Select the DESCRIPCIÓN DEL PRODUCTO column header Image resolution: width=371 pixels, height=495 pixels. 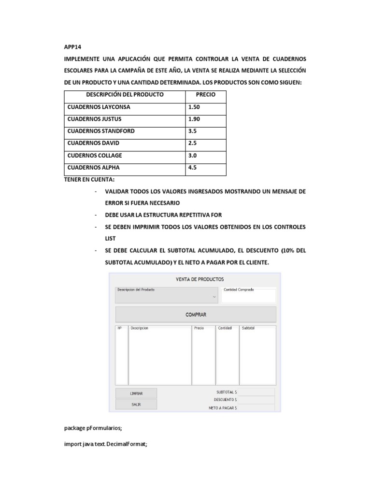pyautogui.click(x=125, y=95)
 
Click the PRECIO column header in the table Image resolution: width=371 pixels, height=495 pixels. pyautogui.click(x=205, y=95)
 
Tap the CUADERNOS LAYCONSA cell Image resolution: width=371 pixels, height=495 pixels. pyautogui.click(x=99, y=107)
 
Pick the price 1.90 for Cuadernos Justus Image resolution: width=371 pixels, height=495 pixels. pyautogui.click(x=194, y=119)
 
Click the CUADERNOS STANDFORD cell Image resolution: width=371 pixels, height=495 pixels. pyautogui.click(x=101, y=131)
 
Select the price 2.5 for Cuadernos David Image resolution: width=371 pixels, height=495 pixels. pyautogui.click(x=192, y=144)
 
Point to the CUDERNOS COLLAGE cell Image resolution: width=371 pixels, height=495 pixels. pyautogui.click(x=95, y=156)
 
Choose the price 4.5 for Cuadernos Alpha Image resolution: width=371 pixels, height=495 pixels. pyautogui.click(x=192, y=168)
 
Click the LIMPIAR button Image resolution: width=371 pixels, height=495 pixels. pyautogui.click(x=136, y=393)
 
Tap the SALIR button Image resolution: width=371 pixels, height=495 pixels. pyautogui.click(x=136, y=404)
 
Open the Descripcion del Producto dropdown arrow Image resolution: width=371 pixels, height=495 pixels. pyautogui.click(x=214, y=297)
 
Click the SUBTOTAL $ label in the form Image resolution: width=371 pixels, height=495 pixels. pyautogui.click(x=226, y=392)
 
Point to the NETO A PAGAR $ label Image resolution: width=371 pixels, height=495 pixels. pyautogui.click(x=223, y=408)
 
